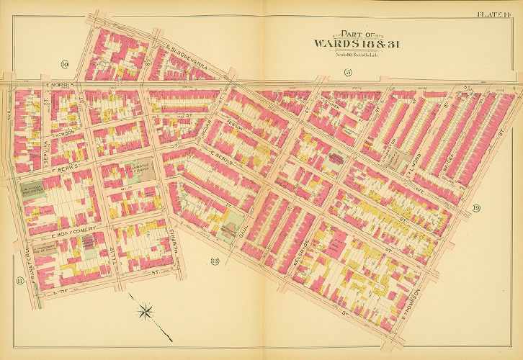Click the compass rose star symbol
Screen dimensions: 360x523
pyautogui.click(x=146, y=311)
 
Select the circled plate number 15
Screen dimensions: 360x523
pyautogui.click(x=347, y=71)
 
